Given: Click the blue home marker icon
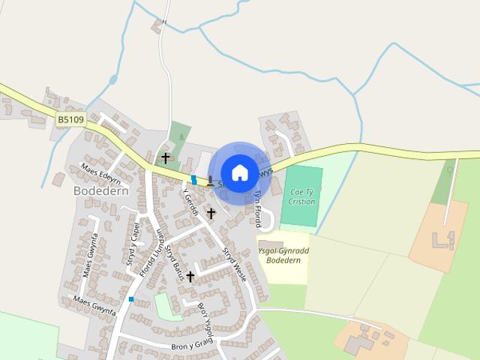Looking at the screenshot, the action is [x=239, y=172].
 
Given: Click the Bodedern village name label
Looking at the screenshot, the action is [x=101, y=190].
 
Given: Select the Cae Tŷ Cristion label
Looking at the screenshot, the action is [x=302, y=196].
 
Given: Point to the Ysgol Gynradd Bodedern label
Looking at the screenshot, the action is [x=283, y=255].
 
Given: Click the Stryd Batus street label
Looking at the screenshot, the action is [x=175, y=262].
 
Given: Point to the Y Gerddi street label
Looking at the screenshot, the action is [x=190, y=200].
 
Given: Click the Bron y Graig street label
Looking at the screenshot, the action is [x=192, y=346].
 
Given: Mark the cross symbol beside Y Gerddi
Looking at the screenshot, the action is [x=211, y=214].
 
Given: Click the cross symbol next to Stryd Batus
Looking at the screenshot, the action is [x=190, y=277].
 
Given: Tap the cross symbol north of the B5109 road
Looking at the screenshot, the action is [x=166, y=158].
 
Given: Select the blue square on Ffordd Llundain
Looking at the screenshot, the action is [x=131, y=299].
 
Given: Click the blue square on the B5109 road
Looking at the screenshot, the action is [x=193, y=179].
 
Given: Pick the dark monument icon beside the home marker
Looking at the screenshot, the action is [x=211, y=181].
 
